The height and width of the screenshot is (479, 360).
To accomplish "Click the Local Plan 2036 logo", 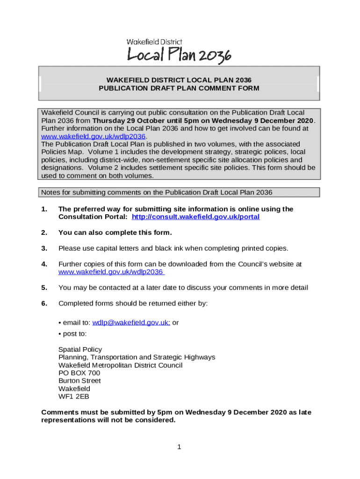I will click(x=179, y=55).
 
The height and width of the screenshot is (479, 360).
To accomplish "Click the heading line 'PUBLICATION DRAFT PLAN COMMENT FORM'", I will click(x=179, y=88).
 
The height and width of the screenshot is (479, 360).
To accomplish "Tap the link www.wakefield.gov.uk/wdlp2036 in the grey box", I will click(x=94, y=136).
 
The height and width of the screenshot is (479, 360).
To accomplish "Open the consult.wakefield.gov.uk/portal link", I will click(x=195, y=217).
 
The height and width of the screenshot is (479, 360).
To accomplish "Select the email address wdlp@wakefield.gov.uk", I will click(x=131, y=322).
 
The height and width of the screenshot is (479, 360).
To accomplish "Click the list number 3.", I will click(x=44, y=248).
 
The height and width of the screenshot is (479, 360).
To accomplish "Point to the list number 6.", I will click(x=44, y=303).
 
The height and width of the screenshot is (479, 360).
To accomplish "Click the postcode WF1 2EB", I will click(x=73, y=397).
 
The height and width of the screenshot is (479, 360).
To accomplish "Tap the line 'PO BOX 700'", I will click(x=79, y=373).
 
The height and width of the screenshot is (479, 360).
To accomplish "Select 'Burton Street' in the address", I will click(x=79, y=381).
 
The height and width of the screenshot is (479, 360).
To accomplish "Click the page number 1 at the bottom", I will click(x=179, y=447).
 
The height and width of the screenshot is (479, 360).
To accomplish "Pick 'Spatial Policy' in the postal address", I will click(x=80, y=349).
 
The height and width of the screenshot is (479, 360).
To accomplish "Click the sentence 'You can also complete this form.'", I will click(x=115, y=232).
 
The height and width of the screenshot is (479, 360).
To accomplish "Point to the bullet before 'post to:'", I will click(x=60, y=334).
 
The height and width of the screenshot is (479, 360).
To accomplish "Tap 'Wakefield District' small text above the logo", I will click(x=155, y=42).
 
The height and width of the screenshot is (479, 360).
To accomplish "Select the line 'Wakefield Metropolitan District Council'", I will click(x=120, y=365).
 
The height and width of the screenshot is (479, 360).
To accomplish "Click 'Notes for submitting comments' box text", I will click(x=157, y=192).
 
